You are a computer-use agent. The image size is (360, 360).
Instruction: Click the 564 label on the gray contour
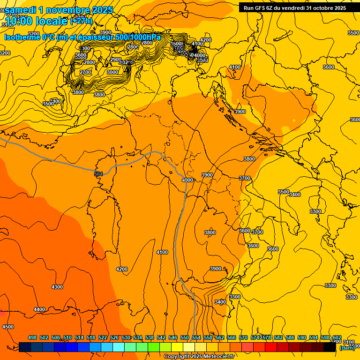(x=98, y=174)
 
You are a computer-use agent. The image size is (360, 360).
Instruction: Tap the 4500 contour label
(x=8, y=327)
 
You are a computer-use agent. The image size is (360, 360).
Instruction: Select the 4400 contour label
(x=39, y=309)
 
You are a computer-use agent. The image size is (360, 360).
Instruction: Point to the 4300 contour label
(x=57, y=287)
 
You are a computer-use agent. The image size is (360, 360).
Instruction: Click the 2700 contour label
(x=85, y=72)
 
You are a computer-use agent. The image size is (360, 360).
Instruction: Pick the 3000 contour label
(x=112, y=72)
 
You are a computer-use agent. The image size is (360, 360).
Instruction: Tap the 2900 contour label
(x=116, y=60)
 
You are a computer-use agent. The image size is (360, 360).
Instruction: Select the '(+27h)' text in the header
(x=81, y=21)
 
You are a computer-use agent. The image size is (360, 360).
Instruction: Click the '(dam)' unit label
(x=347, y=347)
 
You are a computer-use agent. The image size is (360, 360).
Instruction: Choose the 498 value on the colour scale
(x=32, y=337)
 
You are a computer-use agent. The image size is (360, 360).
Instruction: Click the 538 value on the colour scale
(x=150, y=337)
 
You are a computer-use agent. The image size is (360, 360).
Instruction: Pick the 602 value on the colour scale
(x=337, y=337)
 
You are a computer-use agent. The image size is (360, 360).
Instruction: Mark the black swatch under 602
(x=330, y=347)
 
